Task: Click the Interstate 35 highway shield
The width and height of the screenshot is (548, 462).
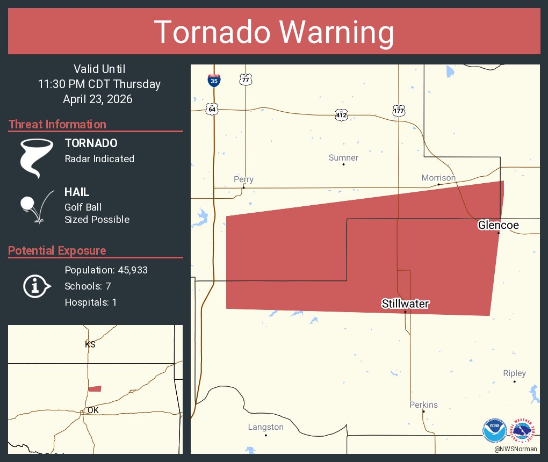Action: [214, 81]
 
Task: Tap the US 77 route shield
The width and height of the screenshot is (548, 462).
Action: [246, 80]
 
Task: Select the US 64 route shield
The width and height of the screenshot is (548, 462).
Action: [213, 109]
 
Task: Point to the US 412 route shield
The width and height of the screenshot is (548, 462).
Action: [341, 114]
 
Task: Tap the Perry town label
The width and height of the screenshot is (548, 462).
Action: [243, 179]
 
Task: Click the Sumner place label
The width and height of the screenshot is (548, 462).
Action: [343, 158]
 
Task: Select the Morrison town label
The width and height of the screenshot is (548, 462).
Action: [438, 178]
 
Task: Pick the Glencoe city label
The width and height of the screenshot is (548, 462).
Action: [499, 225]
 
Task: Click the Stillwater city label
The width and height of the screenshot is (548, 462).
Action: [405, 304]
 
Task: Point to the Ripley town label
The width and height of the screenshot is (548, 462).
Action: [514, 373]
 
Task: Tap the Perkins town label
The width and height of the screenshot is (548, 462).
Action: [423, 405]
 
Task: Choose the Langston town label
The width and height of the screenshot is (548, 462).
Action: [265, 427]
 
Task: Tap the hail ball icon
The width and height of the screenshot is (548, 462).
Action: [27, 204]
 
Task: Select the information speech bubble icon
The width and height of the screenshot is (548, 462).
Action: [36, 286]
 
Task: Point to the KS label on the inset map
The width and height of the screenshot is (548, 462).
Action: [90, 344]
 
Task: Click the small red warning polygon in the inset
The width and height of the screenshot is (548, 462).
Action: [95, 388]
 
